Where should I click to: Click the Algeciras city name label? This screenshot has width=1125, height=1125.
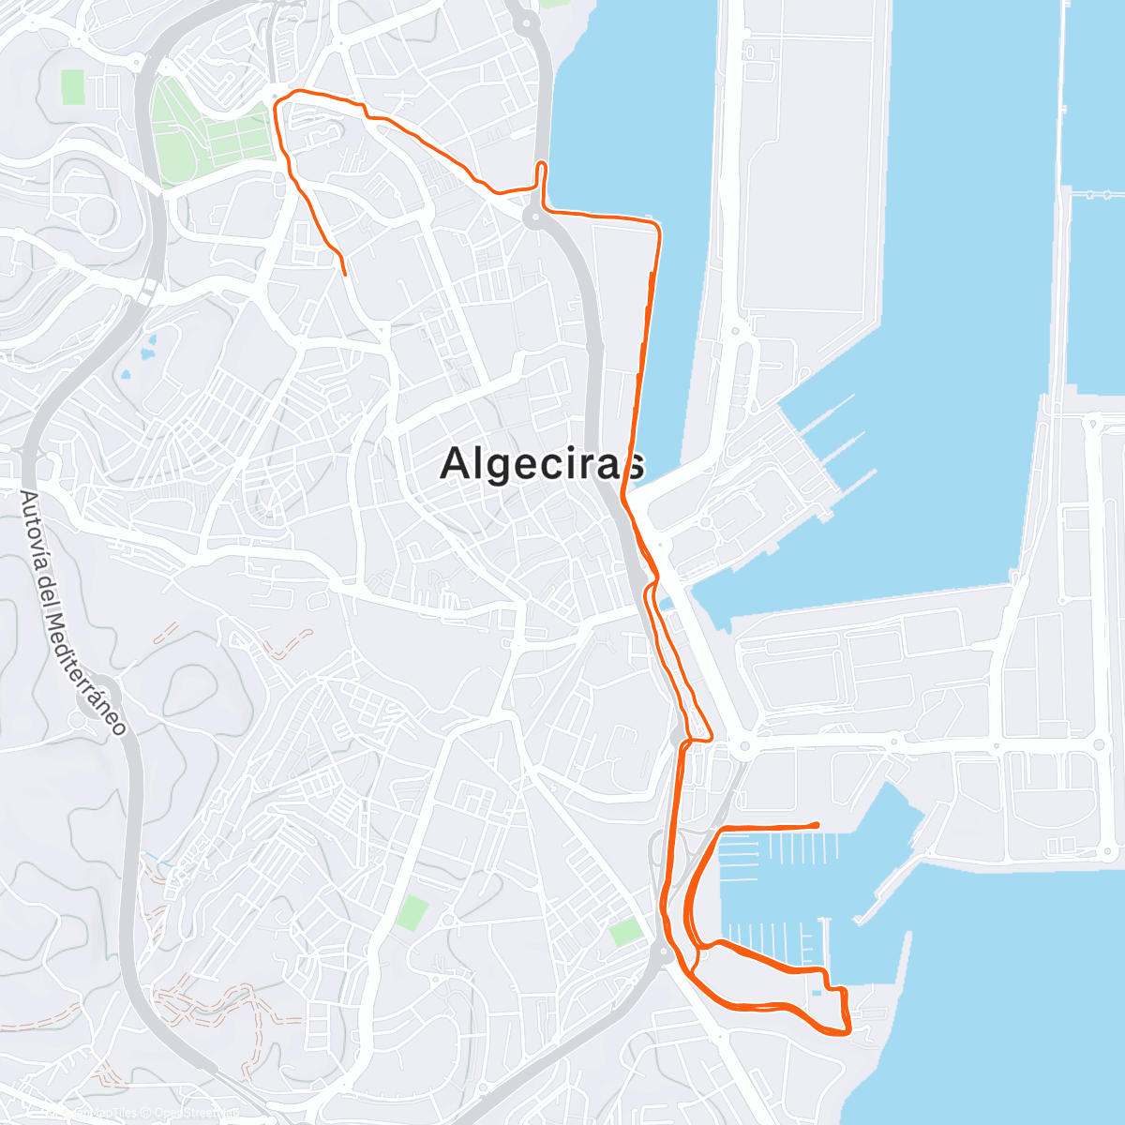(x=543, y=462)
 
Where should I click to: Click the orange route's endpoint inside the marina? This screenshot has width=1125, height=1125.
(x=817, y=824)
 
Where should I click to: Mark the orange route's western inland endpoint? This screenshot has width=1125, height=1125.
(x=345, y=274)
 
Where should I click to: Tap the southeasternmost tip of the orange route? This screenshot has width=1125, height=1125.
(x=847, y=1032)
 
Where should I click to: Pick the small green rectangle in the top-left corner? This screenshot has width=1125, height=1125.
(x=73, y=87)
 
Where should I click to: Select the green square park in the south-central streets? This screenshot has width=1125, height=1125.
(x=412, y=912)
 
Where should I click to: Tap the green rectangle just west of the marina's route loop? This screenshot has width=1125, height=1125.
(x=626, y=932)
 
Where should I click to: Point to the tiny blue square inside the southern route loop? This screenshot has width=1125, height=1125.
(x=817, y=992)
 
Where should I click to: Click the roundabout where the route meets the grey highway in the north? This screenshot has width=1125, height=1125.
(x=534, y=218)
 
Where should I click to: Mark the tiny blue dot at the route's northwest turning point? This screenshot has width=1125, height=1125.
(x=274, y=97)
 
